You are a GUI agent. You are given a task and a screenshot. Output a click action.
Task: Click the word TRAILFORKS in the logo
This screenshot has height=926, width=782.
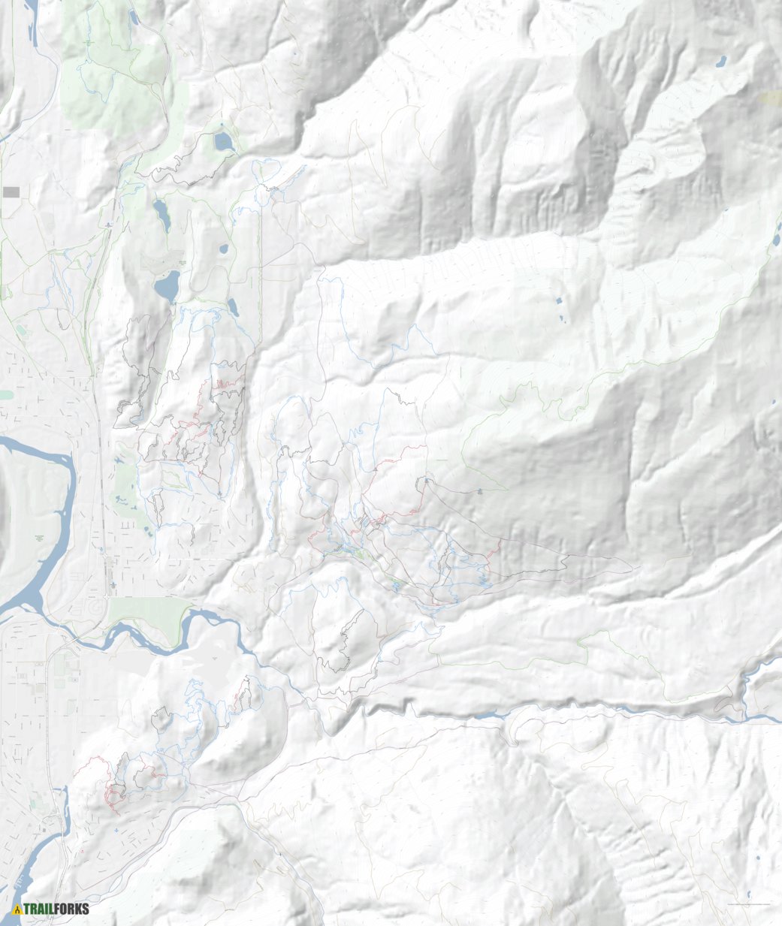coord(56,909)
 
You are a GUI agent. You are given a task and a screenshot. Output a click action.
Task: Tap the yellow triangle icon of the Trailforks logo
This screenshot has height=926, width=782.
coord(17,909)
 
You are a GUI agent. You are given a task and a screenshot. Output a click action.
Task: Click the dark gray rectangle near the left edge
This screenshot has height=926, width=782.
coord(11,192)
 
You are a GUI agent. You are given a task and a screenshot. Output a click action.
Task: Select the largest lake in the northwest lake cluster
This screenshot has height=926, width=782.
coord(167,286)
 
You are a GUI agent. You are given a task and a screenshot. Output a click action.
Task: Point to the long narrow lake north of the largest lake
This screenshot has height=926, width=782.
coord(162,215)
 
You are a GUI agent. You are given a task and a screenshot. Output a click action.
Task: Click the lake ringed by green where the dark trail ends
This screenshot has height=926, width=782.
coord(223,141)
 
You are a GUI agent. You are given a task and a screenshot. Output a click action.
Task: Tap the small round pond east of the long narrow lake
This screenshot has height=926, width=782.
coord(223,249)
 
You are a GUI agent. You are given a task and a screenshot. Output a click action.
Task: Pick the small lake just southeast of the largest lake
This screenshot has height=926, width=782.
coord(232,306)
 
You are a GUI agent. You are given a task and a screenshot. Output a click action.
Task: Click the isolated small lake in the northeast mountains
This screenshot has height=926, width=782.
coord(720,60)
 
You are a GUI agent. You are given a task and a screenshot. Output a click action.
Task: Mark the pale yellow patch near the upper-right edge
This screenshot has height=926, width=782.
coord(770,97)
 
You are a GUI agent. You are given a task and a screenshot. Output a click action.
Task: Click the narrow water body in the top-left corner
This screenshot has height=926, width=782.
coord(33,23)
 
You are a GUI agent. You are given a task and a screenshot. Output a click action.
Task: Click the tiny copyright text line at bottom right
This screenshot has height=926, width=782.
coord(747,904)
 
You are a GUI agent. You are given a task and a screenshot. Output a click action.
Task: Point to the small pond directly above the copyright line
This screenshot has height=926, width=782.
coord(750,894)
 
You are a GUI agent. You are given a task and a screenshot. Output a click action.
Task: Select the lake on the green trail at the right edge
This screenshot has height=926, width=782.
coord(775,240)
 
